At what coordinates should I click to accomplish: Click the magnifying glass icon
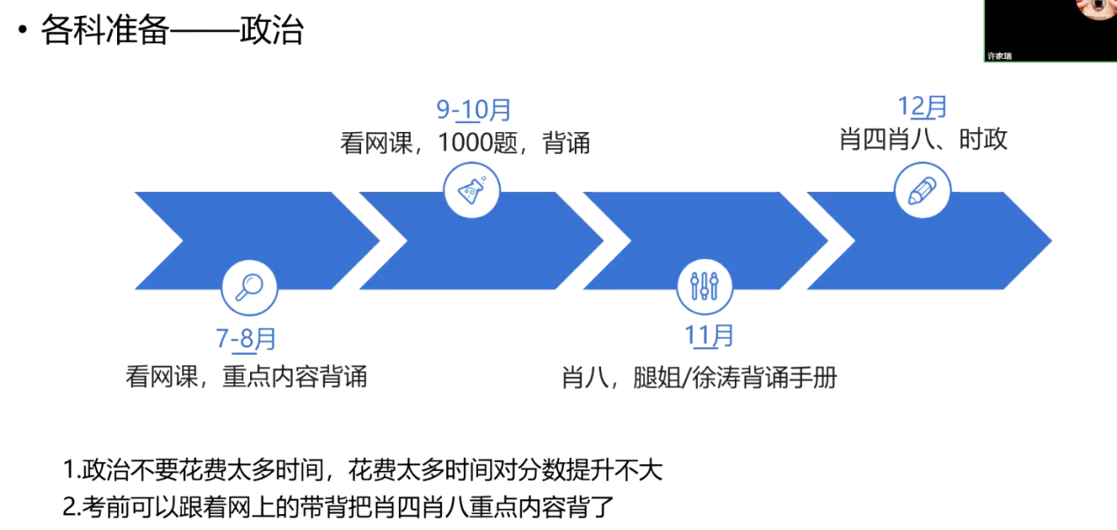(248, 287)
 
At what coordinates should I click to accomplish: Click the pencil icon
(922, 190)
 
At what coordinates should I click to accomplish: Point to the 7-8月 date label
(246, 339)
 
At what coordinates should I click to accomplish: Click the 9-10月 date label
(474, 110)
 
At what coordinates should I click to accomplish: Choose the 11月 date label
(709, 335)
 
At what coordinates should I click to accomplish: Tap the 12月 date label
(922, 107)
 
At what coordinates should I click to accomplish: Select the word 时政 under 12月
(983, 139)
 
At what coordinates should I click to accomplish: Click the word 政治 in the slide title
(271, 32)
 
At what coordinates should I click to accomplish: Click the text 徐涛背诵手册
(765, 378)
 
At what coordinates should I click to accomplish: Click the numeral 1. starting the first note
(70, 469)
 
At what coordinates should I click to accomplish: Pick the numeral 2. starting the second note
(70, 506)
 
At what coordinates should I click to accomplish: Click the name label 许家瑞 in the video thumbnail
(999, 55)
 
